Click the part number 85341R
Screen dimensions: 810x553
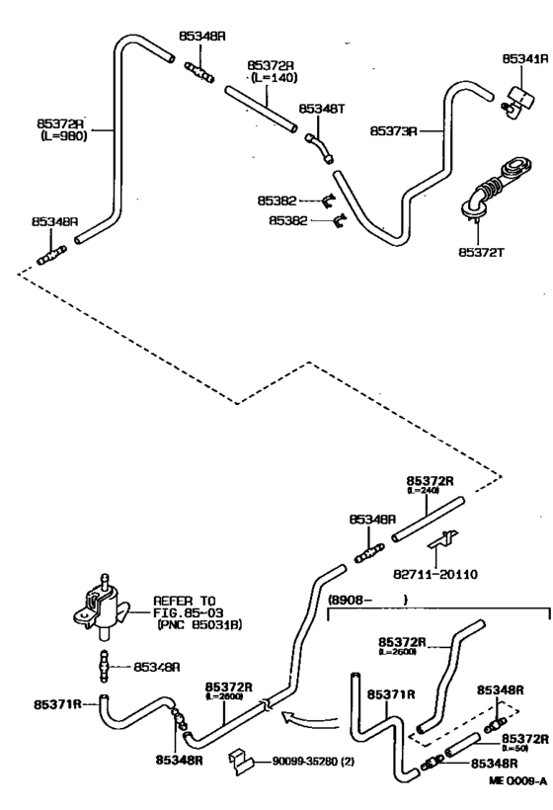(x=524, y=59)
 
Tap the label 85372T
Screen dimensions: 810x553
(x=479, y=253)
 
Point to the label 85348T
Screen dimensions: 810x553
(x=318, y=109)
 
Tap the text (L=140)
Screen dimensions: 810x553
(x=265, y=76)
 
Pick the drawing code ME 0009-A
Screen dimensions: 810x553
(x=515, y=796)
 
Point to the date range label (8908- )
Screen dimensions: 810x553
(x=366, y=599)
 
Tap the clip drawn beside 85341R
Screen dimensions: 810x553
(x=513, y=94)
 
